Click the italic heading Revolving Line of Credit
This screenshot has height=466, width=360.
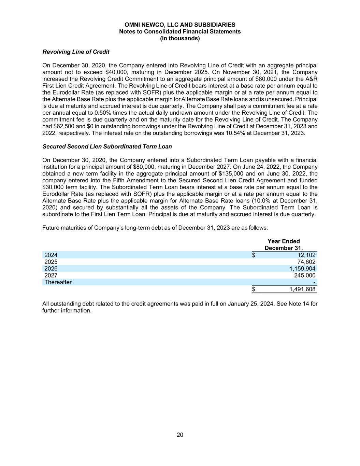pyautogui.click(x=76, y=52)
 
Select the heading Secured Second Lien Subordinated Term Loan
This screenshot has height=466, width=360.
pyautogui.click(x=107, y=146)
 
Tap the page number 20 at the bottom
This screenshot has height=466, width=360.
pyautogui.click(x=180, y=435)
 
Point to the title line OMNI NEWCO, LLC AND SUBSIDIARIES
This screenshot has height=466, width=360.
pyautogui.click(x=180, y=25)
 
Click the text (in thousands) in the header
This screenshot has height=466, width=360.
pyautogui.click(x=180, y=38)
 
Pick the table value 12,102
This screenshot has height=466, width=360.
pyautogui.click(x=306, y=255)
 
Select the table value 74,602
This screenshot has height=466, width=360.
pyautogui.click(x=306, y=262)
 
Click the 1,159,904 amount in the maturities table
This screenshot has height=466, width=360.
pyautogui.click(x=302, y=269)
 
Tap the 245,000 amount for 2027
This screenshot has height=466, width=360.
pyautogui.click(x=305, y=276)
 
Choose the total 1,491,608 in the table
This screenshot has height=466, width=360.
pyautogui.click(x=302, y=290)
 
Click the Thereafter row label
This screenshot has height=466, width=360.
pyautogui.click(x=58, y=282)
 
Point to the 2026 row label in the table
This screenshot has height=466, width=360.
pyautogui.click(x=51, y=269)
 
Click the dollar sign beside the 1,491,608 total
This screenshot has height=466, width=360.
pyautogui.click(x=254, y=290)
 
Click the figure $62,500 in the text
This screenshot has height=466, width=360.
pyautogui.click(x=60, y=126)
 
